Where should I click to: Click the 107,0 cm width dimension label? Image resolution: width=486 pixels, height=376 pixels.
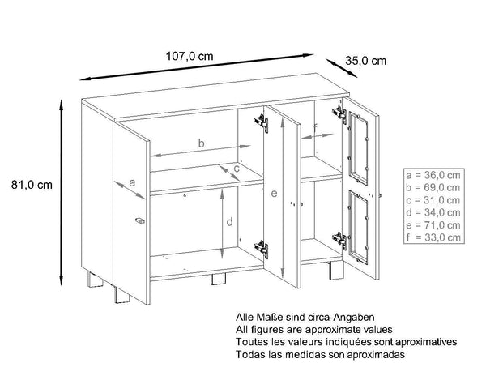click(190, 56)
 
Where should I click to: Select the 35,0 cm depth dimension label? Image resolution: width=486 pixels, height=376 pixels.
click(365, 60)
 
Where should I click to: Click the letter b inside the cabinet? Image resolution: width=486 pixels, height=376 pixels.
click(202, 143)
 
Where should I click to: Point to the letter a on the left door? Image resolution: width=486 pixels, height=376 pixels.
click(132, 182)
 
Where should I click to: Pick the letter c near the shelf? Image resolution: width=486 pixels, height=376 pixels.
click(236, 169)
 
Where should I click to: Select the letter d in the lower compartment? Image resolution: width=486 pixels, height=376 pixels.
click(230, 220)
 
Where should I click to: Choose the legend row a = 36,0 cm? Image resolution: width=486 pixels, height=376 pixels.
click(434, 174)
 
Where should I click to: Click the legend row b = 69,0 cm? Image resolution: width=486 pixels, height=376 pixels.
click(434, 186)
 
